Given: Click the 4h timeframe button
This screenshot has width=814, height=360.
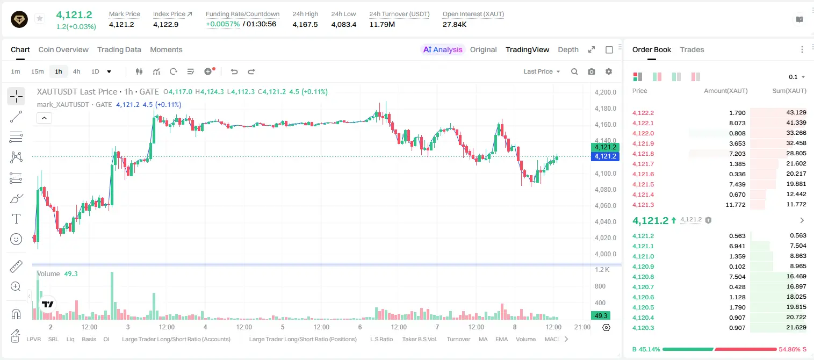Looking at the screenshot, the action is (x=76, y=71).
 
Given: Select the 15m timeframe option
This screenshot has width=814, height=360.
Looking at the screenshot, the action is (x=37, y=71).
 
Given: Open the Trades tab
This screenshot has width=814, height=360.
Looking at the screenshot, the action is (x=692, y=49).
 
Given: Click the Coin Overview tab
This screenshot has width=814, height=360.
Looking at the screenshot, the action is (x=63, y=49).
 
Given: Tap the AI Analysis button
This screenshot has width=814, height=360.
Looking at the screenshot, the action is (x=443, y=49).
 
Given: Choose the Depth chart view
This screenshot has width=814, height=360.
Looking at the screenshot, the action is (x=568, y=49).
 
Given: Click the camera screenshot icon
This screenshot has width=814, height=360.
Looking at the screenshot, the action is (x=592, y=71).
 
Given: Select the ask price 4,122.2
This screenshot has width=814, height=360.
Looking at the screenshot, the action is (x=643, y=113).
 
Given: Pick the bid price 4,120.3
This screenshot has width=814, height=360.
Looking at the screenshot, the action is (x=643, y=328).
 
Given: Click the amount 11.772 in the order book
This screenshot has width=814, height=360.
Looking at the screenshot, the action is (x=735, y=205).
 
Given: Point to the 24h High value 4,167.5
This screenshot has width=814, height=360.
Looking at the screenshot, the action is (x=305, y=24).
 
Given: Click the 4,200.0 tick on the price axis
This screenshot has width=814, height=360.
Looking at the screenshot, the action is (x=606, y=92).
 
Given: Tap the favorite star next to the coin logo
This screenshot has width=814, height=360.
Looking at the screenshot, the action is (x=40, y=18).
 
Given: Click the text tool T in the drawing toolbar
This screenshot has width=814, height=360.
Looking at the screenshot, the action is (x=16, y=219).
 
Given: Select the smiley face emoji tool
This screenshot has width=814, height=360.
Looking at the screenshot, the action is (x=16, y=239).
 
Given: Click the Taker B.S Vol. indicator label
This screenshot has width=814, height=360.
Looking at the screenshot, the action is (x=419, y=339).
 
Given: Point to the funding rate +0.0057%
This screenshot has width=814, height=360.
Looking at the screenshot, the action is (x=223, y=24).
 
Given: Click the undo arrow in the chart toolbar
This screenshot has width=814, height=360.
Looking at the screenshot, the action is (x=234, y=71).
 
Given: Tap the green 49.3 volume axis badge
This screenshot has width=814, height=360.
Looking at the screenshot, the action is (x=600, y=316).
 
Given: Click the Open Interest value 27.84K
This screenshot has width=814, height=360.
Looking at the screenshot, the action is (x=455, y=24).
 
